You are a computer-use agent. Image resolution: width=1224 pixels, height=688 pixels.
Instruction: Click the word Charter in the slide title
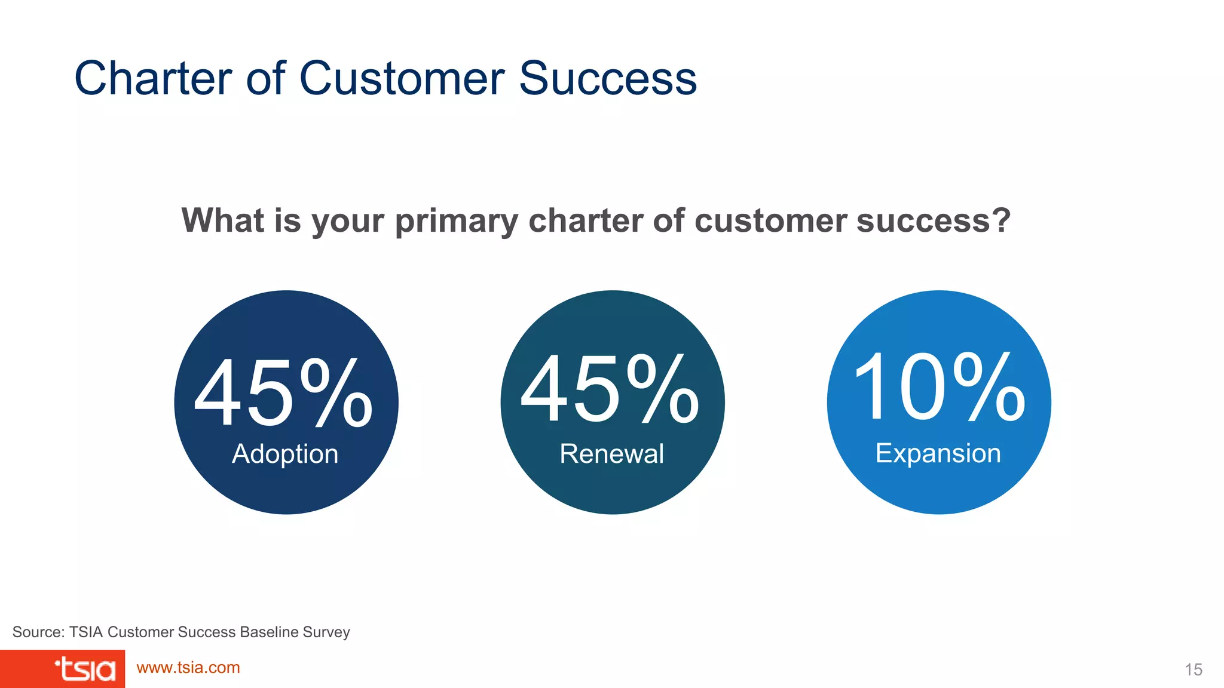[153, 78]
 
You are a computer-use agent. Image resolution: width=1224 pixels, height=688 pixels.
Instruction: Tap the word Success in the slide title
[608, 78]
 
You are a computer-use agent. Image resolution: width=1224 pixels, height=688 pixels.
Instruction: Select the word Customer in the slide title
[402, 78]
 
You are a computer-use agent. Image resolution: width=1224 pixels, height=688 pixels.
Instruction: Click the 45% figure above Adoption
[284, 392]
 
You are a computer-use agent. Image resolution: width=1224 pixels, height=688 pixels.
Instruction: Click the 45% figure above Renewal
[610, 388]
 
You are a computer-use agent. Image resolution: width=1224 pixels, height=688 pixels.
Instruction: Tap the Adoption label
[285, 454]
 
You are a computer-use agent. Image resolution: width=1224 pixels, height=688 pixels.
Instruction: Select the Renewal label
[611, 454]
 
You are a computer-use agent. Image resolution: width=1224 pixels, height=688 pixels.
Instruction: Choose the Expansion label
[938, 453]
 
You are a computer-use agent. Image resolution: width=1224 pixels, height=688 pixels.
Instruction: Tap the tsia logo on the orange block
[85, 669]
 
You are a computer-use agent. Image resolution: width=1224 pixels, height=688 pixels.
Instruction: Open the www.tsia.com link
[188, 668]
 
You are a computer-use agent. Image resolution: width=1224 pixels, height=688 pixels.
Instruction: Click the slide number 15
[1193, 669]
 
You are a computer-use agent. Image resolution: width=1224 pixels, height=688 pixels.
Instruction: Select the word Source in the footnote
[37, 632]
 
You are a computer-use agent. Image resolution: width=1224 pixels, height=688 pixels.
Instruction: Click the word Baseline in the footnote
[269, 632]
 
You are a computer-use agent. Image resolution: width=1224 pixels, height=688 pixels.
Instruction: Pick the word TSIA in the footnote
[85, 632]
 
